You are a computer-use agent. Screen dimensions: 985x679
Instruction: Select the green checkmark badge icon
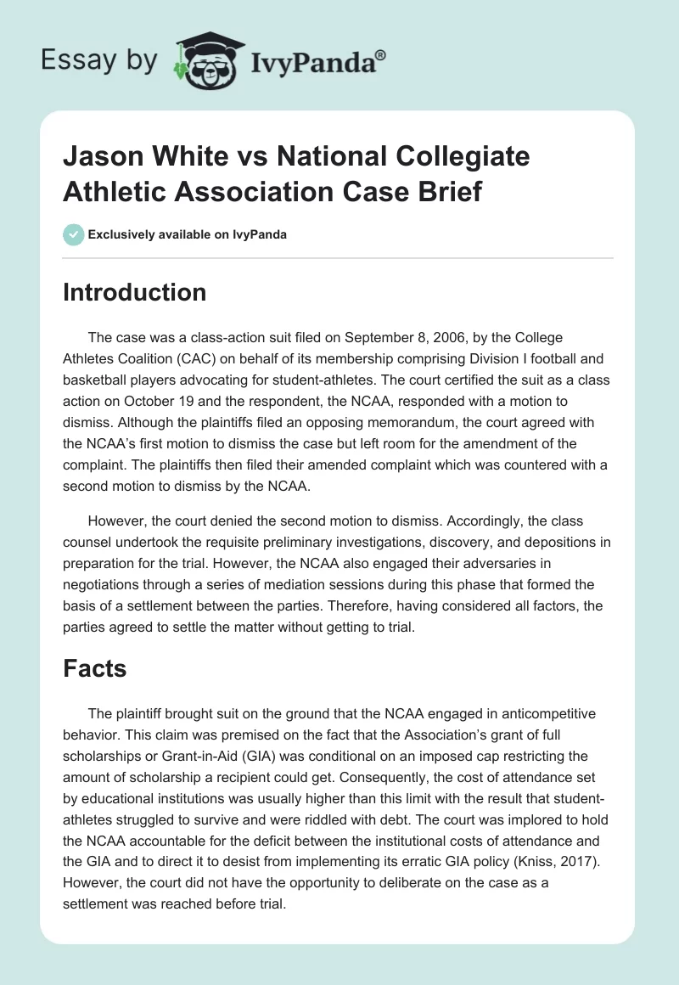click(73, 234)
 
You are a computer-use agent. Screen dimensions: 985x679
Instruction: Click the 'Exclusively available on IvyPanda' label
click(188, 235)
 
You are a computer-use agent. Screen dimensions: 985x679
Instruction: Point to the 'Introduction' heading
click(135, 293)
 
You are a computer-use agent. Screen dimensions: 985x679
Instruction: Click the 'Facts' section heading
click(95, 668)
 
